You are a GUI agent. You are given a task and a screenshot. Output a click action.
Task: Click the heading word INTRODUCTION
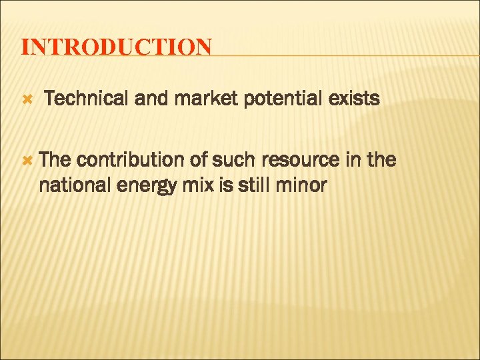pyautogui.click(x=117, y=47)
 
